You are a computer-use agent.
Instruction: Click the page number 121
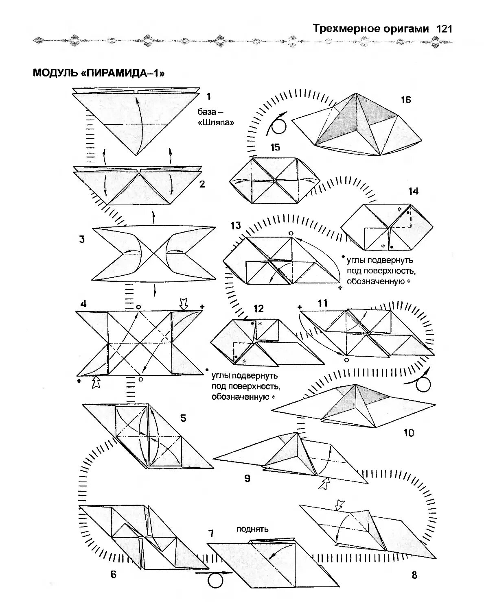pyautogui.click(x=444, y=29)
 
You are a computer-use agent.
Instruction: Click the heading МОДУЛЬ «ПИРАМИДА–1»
pyautogui.click(x=99, y=73)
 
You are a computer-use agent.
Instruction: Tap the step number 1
pyautogui.click(x=208, y=96)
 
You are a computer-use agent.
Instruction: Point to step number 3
pyautogui.click(x=82, y=239)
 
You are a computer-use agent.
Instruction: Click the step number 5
pyautogui.click(x=183, y=418)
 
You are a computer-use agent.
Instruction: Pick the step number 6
pyautogui.click(x=113, y=574)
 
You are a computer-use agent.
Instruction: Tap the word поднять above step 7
pyautogui.click(x=252, y=529)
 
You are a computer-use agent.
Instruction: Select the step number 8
pyautogui.click(x=414, y=575)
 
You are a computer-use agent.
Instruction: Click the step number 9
pyautogui.click(x=247, y=478)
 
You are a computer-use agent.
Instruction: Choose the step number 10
pyautogui.click(x=409, y=433)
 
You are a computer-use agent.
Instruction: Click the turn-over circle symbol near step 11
pyautogui.click(x=423, y=384)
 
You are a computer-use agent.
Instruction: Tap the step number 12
pyautogui.click(x=258, y=309)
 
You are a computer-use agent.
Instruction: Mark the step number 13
pyautogui.click(x=236, y=226)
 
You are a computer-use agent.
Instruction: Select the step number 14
pyautogui.click(x=414, y=191)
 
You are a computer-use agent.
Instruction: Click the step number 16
pyautogui.click(x=406, y=100)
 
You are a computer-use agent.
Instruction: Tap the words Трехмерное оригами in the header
pyautogui.click(x=371, y=29)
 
